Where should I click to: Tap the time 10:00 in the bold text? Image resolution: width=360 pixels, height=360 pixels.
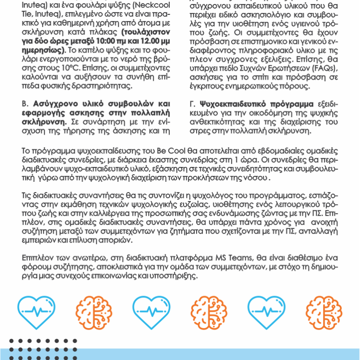[x=107, y=41]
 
